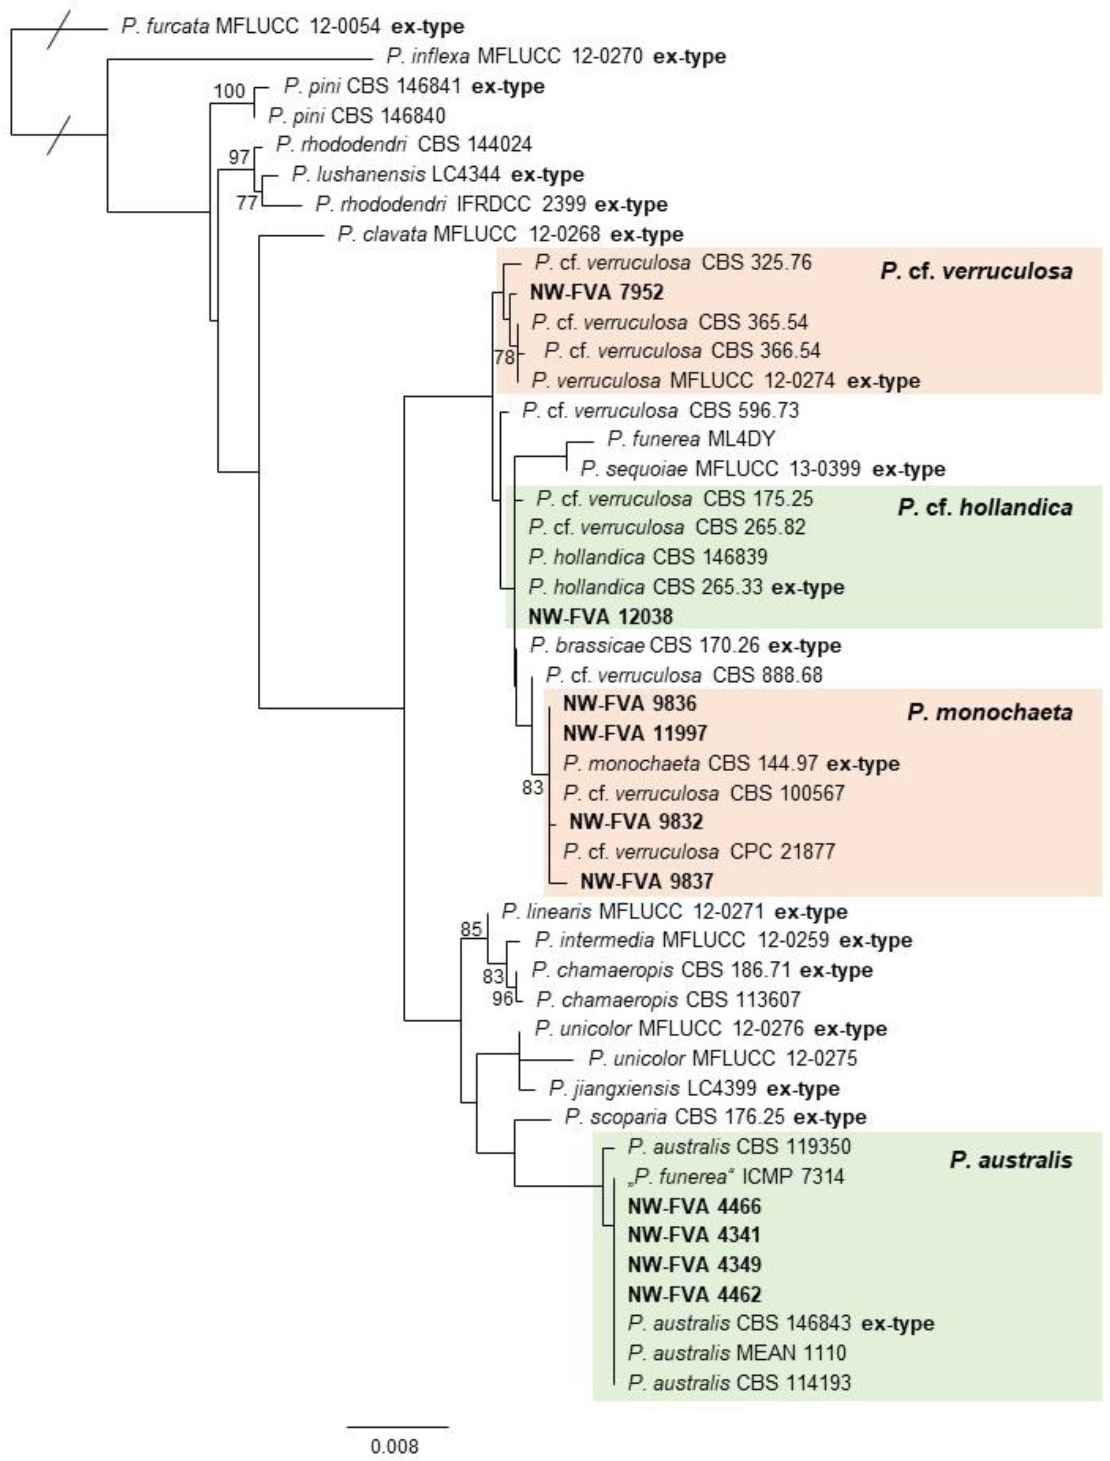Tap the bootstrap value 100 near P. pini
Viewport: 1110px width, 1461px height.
click(229, 91)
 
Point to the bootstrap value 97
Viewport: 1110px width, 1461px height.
click(239, 157)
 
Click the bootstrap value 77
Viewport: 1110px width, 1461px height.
click(246, 202)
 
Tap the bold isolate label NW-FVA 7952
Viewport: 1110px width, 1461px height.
click(596, 292)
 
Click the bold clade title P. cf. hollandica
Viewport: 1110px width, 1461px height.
click(984, 507)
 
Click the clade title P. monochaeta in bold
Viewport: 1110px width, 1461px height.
click(989, 712)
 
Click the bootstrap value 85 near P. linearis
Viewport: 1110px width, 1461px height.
click(471, 929)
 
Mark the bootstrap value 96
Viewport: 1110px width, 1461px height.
click(502, 998)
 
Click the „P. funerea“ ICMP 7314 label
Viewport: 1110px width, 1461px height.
click(735, 1176)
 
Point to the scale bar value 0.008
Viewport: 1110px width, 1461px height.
click(395, 1446)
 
